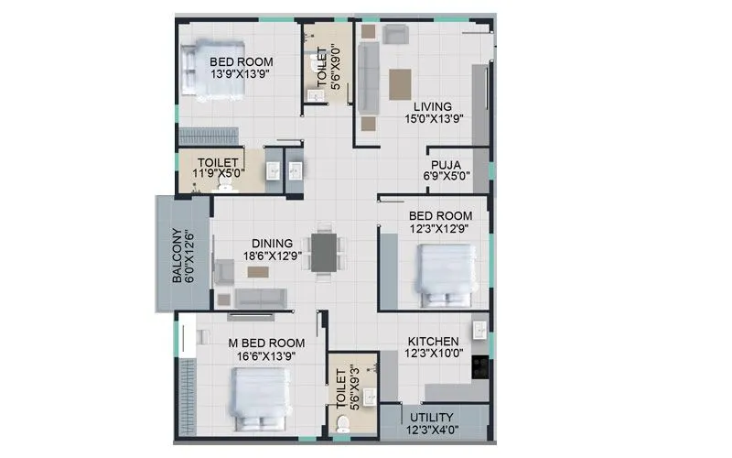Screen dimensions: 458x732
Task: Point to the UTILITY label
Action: click(x=434, y=417)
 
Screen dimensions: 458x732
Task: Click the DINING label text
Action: click(x=272, y=245)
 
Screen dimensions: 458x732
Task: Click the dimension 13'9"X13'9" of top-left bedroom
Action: click(x=242, y=74)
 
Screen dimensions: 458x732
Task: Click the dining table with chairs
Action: click(x=324, y=251)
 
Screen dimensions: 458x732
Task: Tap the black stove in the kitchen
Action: click(x=479, y=366)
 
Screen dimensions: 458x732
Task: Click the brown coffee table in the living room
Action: click(x=401, y=83)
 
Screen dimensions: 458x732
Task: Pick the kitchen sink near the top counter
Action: click(x=478, y=329)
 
